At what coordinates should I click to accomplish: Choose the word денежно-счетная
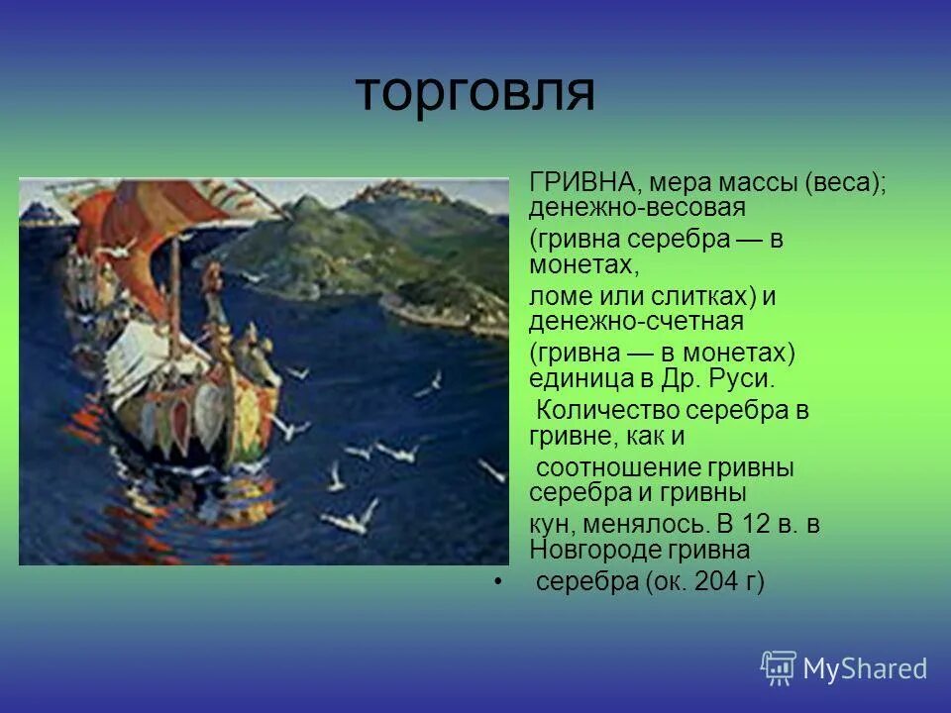tap(636, 322)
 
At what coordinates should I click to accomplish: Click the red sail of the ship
tap(119, 238)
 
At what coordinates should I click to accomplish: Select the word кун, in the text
tap(553, 525)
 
